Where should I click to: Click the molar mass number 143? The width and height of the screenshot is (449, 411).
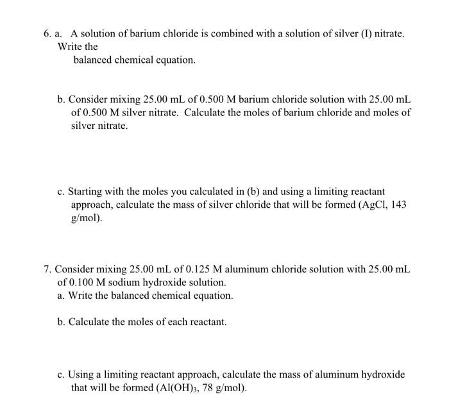[x=400, y=204]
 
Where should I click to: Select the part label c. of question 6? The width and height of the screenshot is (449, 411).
[x=61, y=191]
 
